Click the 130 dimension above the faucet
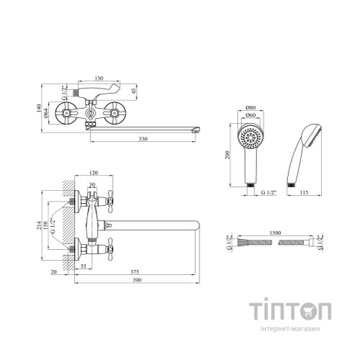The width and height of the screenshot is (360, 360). pos(99,78)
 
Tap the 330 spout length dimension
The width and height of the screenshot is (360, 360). pos(143,139)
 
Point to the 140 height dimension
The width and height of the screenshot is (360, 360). pos(39,108)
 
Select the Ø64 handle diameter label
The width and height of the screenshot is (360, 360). pos(46,113)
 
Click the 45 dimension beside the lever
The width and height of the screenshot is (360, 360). pos(134,91)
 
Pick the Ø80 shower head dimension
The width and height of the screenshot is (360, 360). pos(251,107)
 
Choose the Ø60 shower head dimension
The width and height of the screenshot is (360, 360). pos(251,115)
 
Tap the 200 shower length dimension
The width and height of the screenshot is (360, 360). pos(228,155)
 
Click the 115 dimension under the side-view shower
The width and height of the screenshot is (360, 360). pos(304,192)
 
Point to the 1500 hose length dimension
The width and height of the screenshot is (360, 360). pos(275,233)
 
